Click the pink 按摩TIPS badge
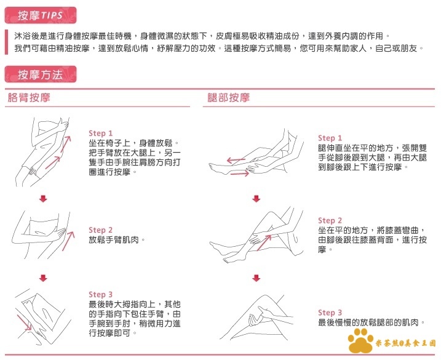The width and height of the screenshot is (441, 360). tap(41, 15)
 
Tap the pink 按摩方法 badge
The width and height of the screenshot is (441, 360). tap(41, 74)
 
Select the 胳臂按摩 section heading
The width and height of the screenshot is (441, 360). tap(29, 98)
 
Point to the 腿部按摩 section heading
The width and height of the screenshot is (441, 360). tap(229, 98)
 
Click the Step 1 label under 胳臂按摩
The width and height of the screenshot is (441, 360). tap(100, 133)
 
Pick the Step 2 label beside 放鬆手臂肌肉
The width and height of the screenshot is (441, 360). tap(100, 230)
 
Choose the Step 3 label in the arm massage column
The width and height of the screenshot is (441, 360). tap(100, 294)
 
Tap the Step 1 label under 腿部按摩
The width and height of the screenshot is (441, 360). tap(330, 138)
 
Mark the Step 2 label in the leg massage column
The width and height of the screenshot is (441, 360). tap(330, 220)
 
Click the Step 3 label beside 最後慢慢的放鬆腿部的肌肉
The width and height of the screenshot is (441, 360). tap(330, 313)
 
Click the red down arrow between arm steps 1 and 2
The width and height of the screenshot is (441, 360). tap(43, 199)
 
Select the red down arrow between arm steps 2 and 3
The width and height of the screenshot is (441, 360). tap(43, 278)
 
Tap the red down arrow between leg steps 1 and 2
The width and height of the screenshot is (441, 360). tap(256, 199)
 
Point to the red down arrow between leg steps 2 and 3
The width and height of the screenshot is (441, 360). tap(256, 278)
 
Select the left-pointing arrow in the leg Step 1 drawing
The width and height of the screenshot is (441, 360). tap(236, 161)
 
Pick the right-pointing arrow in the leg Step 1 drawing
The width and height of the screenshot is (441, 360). tap(240, 174)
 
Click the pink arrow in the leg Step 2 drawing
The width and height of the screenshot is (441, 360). tap(264, 243)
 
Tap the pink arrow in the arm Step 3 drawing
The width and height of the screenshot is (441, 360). tap(24, 322)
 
